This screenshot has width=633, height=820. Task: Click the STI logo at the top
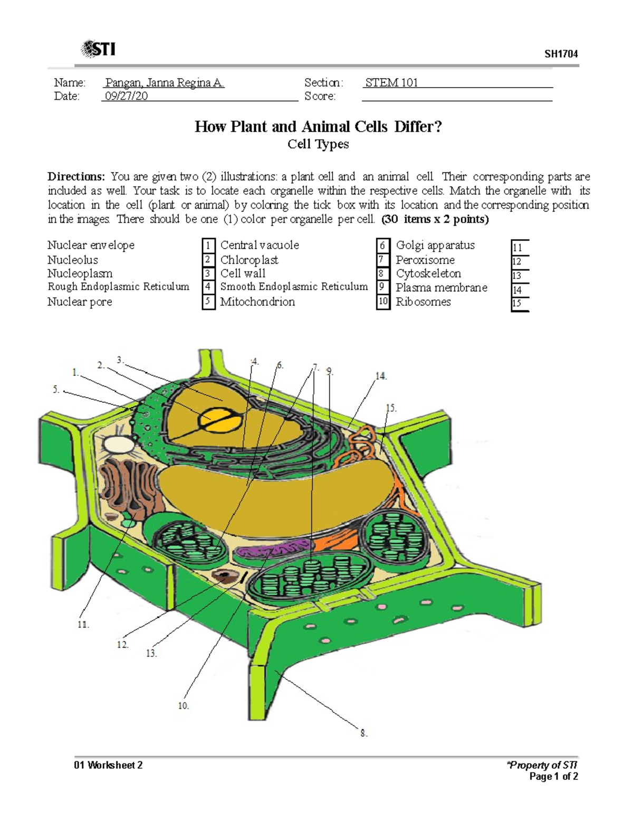click(x=99, y=50)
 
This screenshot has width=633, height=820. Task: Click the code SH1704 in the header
click(x=561, y=54)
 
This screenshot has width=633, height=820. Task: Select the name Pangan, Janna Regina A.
click(x=165, y=83)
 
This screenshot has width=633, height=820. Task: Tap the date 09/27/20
click(x=126, y=96)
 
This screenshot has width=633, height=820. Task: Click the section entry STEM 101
click(x=391, y=83)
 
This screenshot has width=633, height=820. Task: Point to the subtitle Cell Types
click(x=318, y=144)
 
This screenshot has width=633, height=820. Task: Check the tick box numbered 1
click(x=208, y=246)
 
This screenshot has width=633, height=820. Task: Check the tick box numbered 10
click(x=383, y=302)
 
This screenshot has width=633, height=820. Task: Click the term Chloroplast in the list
click(x=249, y=260)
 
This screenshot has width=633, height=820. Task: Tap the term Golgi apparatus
click(x=435, y=246)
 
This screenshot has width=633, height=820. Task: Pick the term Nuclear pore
click(x=80, y=302)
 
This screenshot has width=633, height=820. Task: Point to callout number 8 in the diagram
click(x=363, y=733)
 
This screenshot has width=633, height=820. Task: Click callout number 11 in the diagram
click(x=83, y=625)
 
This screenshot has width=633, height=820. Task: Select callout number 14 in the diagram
click(x=381, y=376)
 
